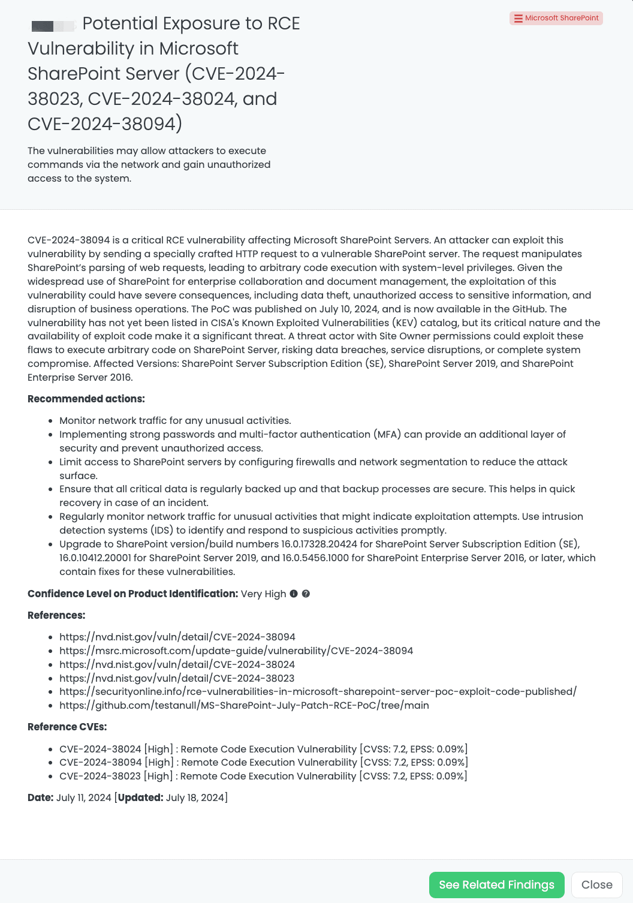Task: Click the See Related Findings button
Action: coord(496,884)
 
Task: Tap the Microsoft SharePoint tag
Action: coord(556,18)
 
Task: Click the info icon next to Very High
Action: coord(294,594)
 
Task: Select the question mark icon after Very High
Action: coord(306,594)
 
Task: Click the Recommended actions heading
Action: coord(86,399)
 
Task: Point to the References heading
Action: coord(56,615)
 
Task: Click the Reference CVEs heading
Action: coord(67,727)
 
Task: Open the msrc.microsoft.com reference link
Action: coord(236,651)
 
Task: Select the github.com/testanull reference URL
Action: coord(244,705)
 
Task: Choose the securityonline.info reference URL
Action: coord(318,691)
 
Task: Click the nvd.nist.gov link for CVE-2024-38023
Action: coord(177,678)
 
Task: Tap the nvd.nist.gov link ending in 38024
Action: coord(177,664)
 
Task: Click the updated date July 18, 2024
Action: coord(195,797)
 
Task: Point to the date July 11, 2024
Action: coord(84,797)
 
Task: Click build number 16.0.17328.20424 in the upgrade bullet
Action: coord(319,544)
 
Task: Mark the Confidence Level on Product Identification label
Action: coord(132,594)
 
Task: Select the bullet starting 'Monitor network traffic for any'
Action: coord(175,420)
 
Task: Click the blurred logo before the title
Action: coord(53,25)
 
